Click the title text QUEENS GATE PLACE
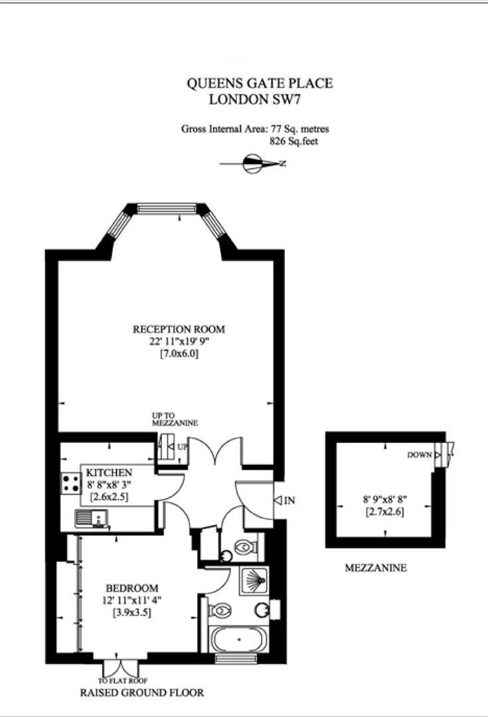(260, 84)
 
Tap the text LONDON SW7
(259, 100)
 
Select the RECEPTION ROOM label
(179, 329)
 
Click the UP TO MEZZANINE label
(175, 419)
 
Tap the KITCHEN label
(104, 472)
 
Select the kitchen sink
(92, 518)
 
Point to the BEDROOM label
(132, 588)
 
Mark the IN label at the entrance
(289, 501)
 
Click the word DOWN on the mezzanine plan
(420, 455)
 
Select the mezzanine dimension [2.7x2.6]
(384, 512)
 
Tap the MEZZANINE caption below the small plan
(375, 568)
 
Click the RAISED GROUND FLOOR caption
(141, 693)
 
